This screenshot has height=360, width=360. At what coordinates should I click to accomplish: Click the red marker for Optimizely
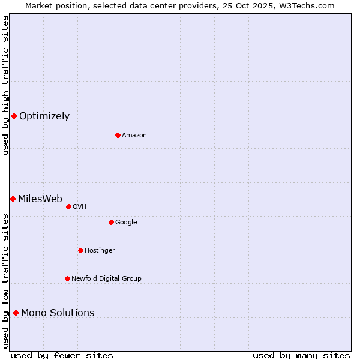(14, 116)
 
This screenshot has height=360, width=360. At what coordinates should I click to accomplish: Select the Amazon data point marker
(118, 135)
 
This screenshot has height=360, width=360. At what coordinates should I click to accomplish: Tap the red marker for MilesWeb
(13, 199)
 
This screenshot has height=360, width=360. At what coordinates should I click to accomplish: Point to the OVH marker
(68, 206)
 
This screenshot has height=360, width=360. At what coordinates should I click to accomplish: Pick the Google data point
(111, 222)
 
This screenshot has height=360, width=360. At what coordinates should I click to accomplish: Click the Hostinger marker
(80, 250)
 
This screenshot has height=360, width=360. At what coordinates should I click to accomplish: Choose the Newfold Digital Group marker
(67, 278)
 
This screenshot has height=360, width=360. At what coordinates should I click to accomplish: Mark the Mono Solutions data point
(16, 313)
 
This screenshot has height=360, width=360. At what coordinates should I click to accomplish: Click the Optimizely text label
(44, 116)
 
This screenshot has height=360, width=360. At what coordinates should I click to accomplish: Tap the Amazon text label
(134, 136)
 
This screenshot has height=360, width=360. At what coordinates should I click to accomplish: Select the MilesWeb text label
(40, 199)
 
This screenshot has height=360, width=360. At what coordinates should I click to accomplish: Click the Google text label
(126, 223)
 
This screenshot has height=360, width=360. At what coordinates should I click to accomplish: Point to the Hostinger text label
(100, 251)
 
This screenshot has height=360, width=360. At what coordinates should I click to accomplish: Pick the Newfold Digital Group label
(106, 279)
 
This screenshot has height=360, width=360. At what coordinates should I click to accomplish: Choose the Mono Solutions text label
(58, 313)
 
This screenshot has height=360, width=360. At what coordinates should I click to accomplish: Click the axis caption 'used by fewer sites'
(62, 355)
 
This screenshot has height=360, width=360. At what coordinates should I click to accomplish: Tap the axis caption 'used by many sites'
(301, 355)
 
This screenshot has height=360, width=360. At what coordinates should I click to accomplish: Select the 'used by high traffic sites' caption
(5, 85)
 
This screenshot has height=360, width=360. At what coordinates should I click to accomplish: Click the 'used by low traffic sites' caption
(5, 281)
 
